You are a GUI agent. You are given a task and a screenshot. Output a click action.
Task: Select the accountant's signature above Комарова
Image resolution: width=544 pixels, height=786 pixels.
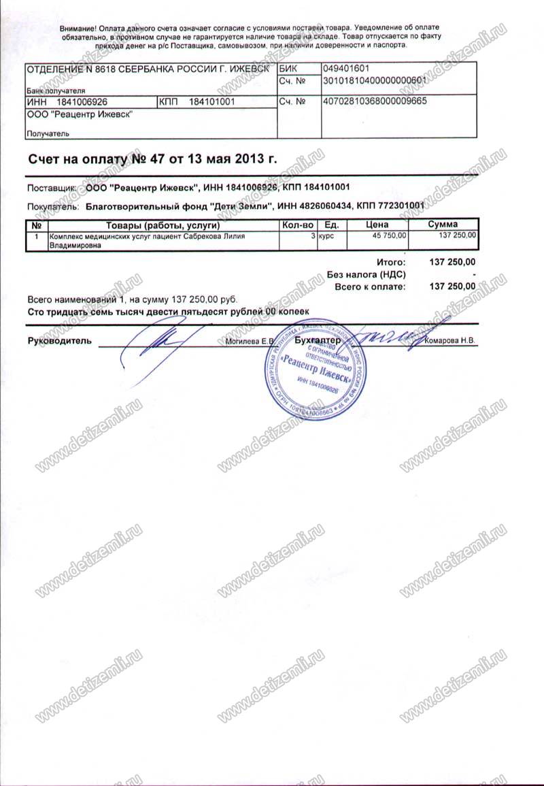(384, 335)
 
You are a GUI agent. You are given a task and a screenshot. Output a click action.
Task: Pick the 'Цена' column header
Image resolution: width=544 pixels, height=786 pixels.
(377, 224)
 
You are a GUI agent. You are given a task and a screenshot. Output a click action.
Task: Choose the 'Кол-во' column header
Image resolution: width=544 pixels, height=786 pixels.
(297, 224)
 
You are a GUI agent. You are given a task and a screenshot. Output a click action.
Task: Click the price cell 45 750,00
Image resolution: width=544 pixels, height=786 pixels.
(390, 235)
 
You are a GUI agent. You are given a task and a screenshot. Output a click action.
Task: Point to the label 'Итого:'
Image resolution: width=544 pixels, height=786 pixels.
(390, 262)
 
